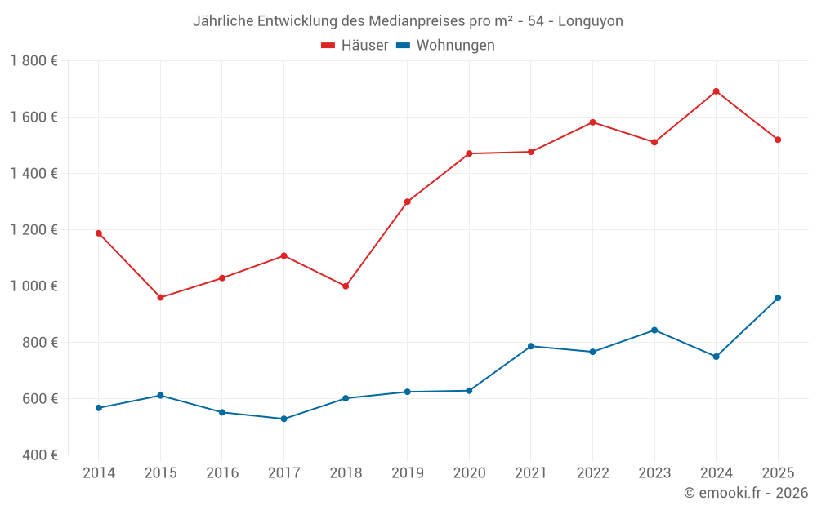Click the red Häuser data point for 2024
coord(716,91)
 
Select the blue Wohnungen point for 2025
coord(778,298)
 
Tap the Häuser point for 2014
coord(99,233)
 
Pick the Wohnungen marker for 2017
coord(283,419)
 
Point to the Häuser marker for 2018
coord(346,286)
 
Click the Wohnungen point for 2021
coord(531,346)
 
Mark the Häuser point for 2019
coord(408,202)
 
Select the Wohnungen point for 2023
coord(654,330)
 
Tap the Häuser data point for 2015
coord(160,297)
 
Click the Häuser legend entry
coord(355,46)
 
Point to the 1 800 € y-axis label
coord(33,60)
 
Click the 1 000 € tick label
coord(33,286)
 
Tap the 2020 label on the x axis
coord(469,472)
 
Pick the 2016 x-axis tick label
coord(222,472)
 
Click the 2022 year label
coord(592,472)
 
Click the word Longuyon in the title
coord(590,21)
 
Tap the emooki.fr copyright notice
coord(746,493)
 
